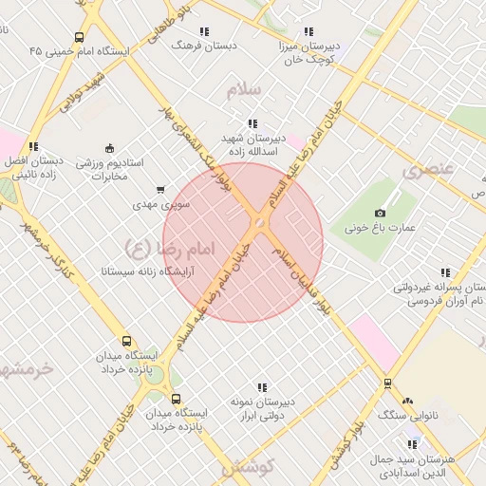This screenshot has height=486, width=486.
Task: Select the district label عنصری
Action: (428, 171)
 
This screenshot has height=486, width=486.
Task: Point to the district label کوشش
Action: (249, 467)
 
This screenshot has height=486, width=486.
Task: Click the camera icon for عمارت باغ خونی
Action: (381, 213)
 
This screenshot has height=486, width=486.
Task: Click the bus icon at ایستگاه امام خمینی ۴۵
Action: (78, 38)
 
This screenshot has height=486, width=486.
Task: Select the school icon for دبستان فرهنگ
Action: (204, 31)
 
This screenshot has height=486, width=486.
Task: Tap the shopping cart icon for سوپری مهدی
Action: (159, 190)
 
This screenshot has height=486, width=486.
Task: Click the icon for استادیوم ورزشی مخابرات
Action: (109, 148)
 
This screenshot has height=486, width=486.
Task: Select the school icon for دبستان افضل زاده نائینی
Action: (34, 146)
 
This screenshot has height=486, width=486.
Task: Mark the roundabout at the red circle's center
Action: (258, 223)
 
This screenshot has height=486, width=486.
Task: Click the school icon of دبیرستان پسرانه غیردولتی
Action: (419, 272)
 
